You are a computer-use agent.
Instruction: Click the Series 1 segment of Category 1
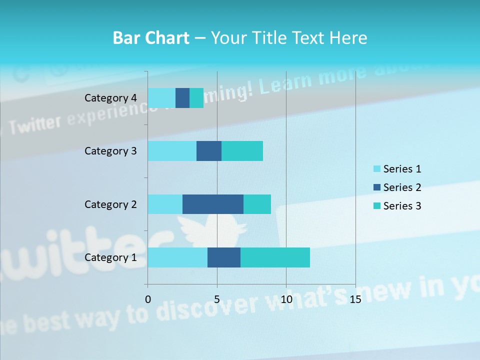[x=177, y=257]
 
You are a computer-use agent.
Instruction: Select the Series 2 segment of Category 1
[x=224, y=257]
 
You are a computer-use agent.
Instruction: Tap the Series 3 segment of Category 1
[x=275, y=257]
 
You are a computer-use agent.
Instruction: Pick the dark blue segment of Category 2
[x=213, y=204]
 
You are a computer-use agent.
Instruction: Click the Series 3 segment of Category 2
[x=257, y=204]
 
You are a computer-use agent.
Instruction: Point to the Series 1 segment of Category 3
[x=172, y=151]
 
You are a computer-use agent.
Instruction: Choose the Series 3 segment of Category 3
[x=242, y=151]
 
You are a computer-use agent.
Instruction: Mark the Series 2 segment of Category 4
[x=182, y=98]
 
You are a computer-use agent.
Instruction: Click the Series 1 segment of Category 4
[x=161, y=98]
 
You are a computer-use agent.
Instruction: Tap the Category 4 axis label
[x=110, y=98]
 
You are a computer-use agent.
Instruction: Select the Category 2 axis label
[x=110, y=204]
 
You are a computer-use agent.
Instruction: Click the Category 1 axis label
[x=110, y=257]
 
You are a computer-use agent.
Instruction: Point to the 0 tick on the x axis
[x=148, y=299]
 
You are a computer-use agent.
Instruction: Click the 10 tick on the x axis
[x=286, y=299]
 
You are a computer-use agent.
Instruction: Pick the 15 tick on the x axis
[x=355, y=299]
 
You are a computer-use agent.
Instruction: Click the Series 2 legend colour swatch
[x=377, y=187]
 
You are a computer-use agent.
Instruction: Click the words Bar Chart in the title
[x=151, y=38]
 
